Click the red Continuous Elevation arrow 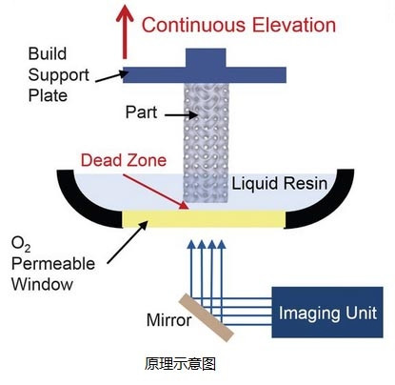[x=125, y=31]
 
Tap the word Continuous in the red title [x=193, y=25]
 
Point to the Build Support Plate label [x=59, y=74]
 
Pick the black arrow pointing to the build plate [x=112, y=76]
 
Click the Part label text [x=141, y=112]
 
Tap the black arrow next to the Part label [x=181, y=114]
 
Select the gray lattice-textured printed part [x=207, y=143]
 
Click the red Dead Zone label [x=124, y=160]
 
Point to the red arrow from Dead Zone [x=156, y=192]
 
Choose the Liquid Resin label [x=279, y=184]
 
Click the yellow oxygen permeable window [x=204, y=219]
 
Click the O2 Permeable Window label [x=53, y=264]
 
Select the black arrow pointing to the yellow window [x=128, y=242]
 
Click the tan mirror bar [x=207, y=317]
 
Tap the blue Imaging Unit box [x=327, y=312]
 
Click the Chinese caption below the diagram [x=180, y=364]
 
